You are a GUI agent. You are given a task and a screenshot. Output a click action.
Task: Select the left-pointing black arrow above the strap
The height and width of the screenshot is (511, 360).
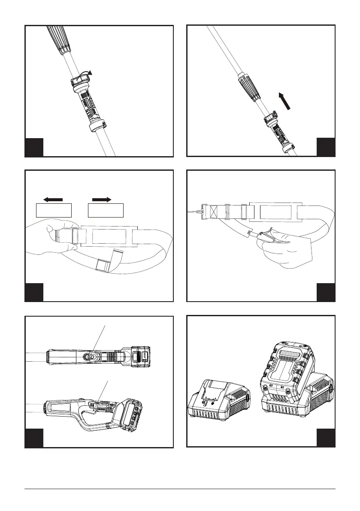click(53, 199)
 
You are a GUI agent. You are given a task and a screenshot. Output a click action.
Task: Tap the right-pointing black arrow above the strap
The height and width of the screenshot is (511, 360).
click(102, 199)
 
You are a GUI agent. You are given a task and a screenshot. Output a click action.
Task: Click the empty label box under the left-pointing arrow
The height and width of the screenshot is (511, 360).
click(53, 211)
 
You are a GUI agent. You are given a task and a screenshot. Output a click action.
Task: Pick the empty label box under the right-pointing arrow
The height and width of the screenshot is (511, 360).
click(106, 211)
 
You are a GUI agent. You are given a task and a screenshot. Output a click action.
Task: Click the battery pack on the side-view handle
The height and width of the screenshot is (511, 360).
click(133, 414)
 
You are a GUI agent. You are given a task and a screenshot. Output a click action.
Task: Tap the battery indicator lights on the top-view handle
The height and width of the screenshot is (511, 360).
click(145, 356)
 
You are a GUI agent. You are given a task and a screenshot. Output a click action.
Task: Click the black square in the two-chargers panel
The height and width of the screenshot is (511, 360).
click(326, 438)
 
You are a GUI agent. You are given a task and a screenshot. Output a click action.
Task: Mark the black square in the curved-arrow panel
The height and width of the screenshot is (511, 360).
click(34, 147)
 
